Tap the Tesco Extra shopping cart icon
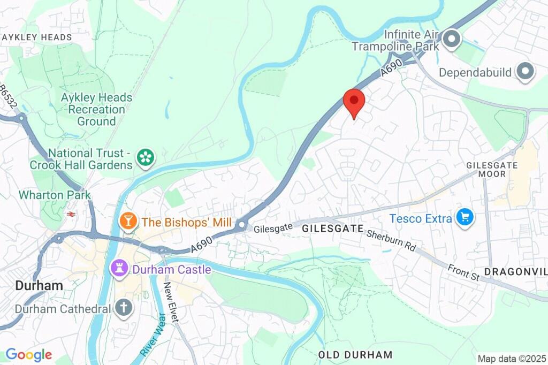click(464, 218)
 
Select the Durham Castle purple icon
click(118, 269)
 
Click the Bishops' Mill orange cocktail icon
click(128, 222)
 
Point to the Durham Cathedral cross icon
click(124, 309)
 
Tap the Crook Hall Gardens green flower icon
click(144, 157)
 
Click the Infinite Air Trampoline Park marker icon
click(452, 40)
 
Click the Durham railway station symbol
click(70, 214)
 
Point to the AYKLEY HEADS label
click(37, 37)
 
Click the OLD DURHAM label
click(355, 355)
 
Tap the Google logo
click(28, 354)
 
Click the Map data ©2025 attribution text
click(512, 359)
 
